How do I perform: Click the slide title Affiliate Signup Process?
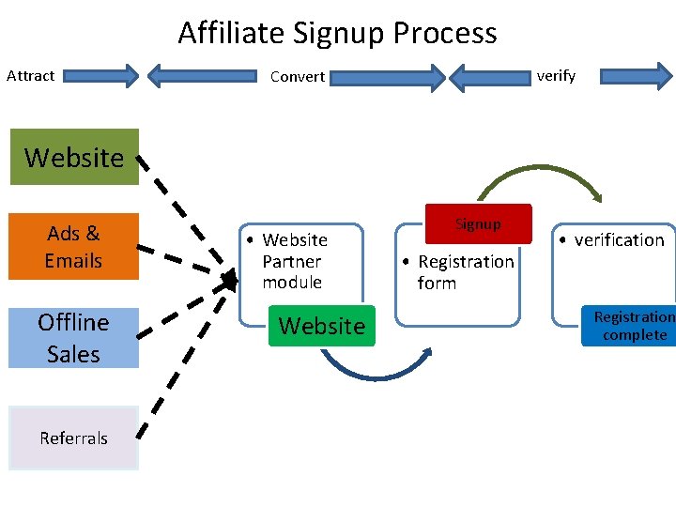(337, 34)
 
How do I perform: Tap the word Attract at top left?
(30, 76)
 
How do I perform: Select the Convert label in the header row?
(297, 77)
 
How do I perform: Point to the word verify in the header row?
(555, 76)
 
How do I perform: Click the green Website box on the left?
(73, 157)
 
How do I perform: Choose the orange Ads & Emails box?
(73, 246)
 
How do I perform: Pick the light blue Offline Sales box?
(73, 338)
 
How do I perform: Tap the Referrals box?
(73, 438)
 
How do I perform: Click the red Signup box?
(478, 224)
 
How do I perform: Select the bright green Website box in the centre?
(321, 326)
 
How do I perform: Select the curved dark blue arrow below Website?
(376, 373)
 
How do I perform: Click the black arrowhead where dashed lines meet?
(228, 280)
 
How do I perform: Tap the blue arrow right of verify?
(636, 75)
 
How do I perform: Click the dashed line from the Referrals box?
(178, 366)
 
